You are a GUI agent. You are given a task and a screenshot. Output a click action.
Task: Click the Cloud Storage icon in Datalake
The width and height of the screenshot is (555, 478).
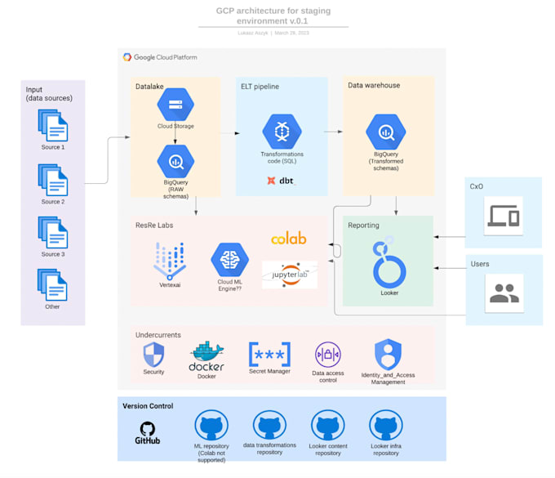click(175, 105)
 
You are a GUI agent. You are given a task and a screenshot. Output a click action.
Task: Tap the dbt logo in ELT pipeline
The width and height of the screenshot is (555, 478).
click(281, 181)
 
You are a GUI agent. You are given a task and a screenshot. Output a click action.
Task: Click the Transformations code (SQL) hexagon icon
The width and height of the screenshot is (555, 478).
click(282, 131)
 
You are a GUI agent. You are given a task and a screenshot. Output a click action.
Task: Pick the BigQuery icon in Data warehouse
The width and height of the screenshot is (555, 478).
click(386, 132)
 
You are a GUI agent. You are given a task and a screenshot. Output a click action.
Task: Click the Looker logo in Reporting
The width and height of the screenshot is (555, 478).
click(388, 262)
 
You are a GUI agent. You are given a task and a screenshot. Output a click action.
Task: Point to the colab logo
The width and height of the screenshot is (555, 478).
click(289, 239)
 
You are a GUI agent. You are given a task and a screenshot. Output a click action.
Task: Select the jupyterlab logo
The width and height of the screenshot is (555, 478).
click(290, 275)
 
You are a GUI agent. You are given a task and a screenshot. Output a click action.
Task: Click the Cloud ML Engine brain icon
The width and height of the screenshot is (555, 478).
click(229, 260)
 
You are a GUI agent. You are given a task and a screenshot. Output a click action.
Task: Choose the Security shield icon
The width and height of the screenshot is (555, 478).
click(153, 355)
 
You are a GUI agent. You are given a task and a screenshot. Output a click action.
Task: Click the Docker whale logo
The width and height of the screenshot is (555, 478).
click(206, 356)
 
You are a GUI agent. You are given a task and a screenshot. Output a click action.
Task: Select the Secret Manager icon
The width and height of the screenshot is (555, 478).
click(269, 355)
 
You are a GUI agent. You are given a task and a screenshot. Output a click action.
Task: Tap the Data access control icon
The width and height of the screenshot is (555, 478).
click(327, 355)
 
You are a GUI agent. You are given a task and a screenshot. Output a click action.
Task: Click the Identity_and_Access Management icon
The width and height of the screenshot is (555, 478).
click(388, 355)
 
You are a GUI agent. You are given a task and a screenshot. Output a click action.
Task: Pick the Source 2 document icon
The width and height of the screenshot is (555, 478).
click(53, 180)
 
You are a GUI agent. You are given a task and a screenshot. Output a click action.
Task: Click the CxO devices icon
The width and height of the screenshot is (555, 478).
click(504, 216)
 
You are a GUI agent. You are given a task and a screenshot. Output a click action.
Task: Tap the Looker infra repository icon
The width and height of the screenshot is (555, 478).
click(386, 427)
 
